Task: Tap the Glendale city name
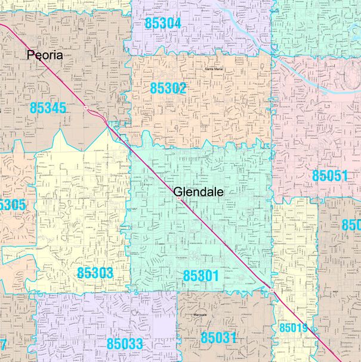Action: point(199,192)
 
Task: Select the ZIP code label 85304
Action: point(162,23)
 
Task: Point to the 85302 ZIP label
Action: point(168,88)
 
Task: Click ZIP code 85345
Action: point(48,108)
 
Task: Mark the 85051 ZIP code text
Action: point(329,176)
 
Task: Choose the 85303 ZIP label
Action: point(95,273)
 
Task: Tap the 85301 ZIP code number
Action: point(201,276)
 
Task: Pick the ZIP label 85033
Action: point(125,344)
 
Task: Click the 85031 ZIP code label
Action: point(218,338)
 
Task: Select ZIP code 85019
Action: point(293,327)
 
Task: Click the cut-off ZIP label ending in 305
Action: point(12,205)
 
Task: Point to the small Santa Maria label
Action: point(214,69)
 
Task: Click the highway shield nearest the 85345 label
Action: point(86,108)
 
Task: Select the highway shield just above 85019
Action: point(271,290)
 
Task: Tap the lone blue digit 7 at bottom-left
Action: point(3,344)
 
